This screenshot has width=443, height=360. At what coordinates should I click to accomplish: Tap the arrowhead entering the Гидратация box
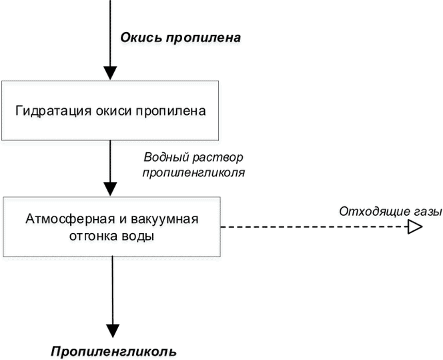tap(110, 73)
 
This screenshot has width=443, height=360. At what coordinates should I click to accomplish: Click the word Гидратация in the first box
tap(53, 111)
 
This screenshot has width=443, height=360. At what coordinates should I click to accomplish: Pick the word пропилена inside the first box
tap(171, 111)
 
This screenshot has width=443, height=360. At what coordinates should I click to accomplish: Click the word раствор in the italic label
tap(217, 158)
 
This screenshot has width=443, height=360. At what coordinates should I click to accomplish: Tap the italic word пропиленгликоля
tap(193, 173)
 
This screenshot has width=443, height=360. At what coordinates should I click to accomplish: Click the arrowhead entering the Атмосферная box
tap(110, 189)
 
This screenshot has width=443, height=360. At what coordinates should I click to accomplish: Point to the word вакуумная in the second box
tap(165, 220)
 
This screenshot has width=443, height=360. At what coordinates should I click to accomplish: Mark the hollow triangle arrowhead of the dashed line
tap(415, 227)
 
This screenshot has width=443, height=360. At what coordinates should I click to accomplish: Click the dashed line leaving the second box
tap(314, 227)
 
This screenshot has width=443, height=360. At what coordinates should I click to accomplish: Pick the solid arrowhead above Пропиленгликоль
tap(113, 331)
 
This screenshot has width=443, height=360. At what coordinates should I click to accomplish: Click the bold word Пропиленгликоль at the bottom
tap(114, 352)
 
